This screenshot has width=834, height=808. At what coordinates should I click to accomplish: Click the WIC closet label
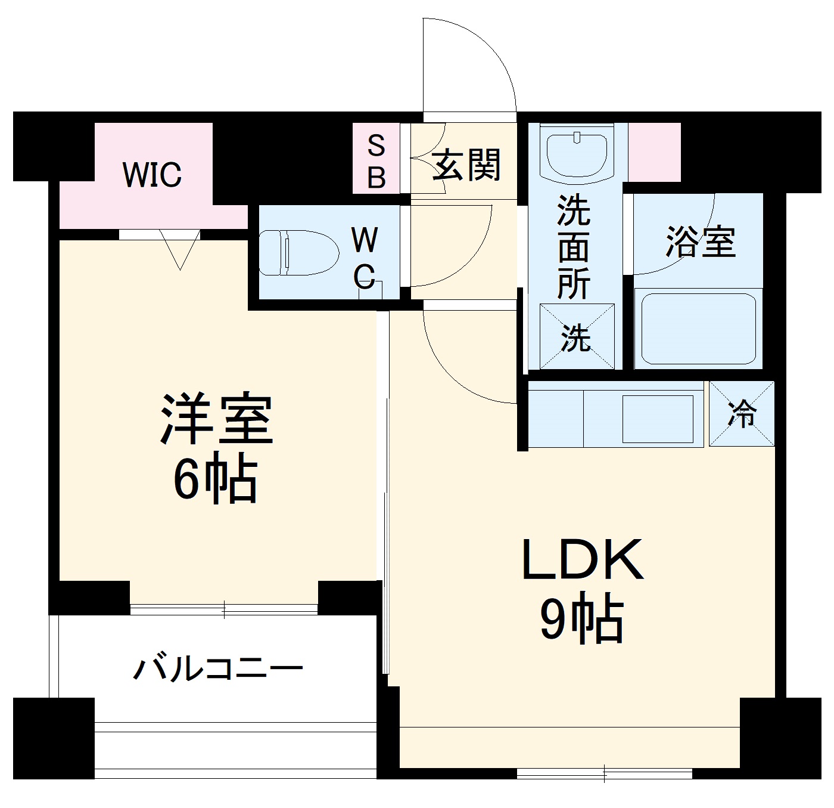click(x=152, y=174)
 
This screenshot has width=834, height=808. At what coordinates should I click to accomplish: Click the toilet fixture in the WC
click(x=298, y=253)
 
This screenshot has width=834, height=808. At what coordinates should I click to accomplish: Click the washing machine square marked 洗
click(x=576, y=337)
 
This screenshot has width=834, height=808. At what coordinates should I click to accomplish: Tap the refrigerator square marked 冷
click(x=742, y=414)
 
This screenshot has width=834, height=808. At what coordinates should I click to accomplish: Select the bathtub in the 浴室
click(x=698, y=329)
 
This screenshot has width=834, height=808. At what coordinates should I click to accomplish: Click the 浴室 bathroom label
click(x=701, y=242)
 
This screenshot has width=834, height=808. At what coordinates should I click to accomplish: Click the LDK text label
click(x=582, y=560)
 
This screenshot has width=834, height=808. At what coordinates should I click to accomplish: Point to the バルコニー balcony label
click(x=218, y=668)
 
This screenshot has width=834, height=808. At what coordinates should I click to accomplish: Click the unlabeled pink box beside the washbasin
click(x=655, y=152)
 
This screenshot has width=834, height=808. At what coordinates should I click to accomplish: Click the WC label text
click(x=364, y=258)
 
